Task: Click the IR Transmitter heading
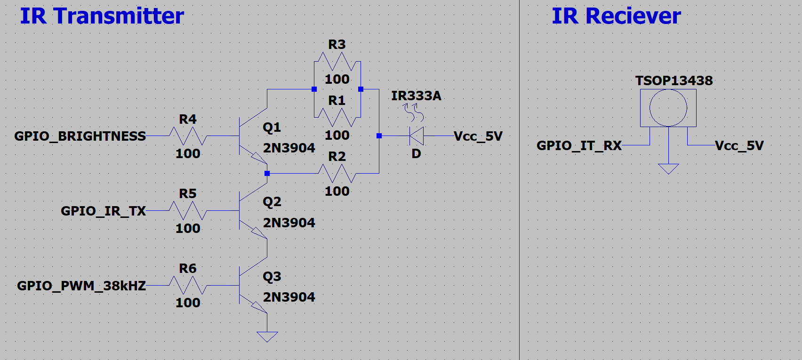point(102,16)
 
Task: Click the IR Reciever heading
point(616,16)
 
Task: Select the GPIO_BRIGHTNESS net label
point(80,136)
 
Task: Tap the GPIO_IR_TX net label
point(103,211)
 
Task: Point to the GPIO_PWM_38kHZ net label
point(81,286)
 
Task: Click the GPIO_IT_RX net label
point(579,145)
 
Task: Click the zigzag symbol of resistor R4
point(188,136)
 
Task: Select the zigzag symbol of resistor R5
point(188,211)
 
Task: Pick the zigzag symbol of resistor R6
point(188,286)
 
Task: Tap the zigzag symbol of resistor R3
point(337,62)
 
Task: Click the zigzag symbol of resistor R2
point(337,174)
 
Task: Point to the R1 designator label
point(337,101)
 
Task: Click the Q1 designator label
point(272,128)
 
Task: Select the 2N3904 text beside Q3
point(289,297)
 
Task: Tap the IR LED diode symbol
point(417,136)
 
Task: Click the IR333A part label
point(416,96)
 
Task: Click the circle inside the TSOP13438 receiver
point(668,108)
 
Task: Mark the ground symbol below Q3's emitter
point(267,337)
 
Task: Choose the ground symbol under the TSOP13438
point(668,169)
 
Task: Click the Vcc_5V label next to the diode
point(478,136)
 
